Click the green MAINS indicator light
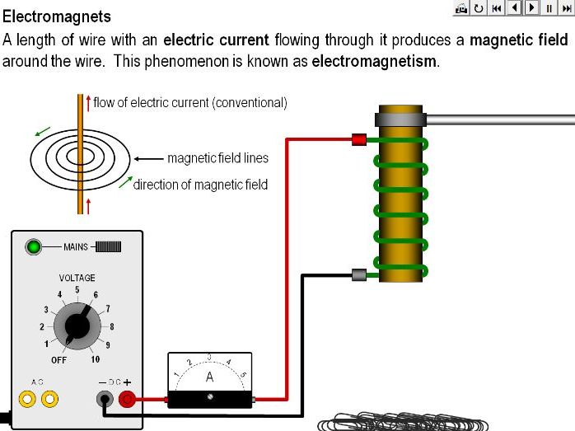34,246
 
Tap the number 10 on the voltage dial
96,359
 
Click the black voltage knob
77,326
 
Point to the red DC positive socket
128,400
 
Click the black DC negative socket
105,400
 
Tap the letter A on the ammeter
210,377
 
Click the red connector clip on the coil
358,140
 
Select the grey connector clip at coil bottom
358,275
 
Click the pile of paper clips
404,421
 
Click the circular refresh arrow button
479,7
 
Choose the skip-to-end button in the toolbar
566,7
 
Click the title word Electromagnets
57,16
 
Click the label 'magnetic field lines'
217,158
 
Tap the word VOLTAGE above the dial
77,278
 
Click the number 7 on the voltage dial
108,308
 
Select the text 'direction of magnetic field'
200,185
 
